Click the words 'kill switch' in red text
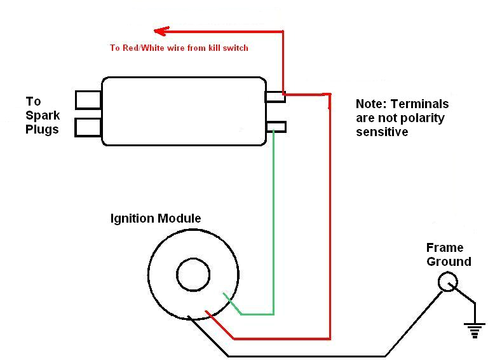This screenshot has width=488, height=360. [x=228, y=48]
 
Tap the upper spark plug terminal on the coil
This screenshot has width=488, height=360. [x=88, y=100]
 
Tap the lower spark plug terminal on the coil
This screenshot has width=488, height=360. [x=88, y=127]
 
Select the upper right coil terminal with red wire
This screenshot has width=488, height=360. [x=275, y=97]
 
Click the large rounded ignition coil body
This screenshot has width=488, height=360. [x=184, y=111]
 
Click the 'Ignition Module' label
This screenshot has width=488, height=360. [x=156, y=219]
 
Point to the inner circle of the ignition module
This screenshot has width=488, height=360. [x=193, y=276]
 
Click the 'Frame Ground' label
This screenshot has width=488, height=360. [x=449, y=254]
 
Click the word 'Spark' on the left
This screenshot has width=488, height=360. [x=43, y=116]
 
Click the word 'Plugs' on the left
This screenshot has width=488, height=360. [x=42, y=130]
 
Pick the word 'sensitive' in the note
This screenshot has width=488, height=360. [x=381, y=132]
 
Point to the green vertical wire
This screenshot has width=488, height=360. [x=273, y=223]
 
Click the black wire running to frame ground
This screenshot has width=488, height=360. [x=305, y=355]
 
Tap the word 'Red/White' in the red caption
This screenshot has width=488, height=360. [x=141, y=48]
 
